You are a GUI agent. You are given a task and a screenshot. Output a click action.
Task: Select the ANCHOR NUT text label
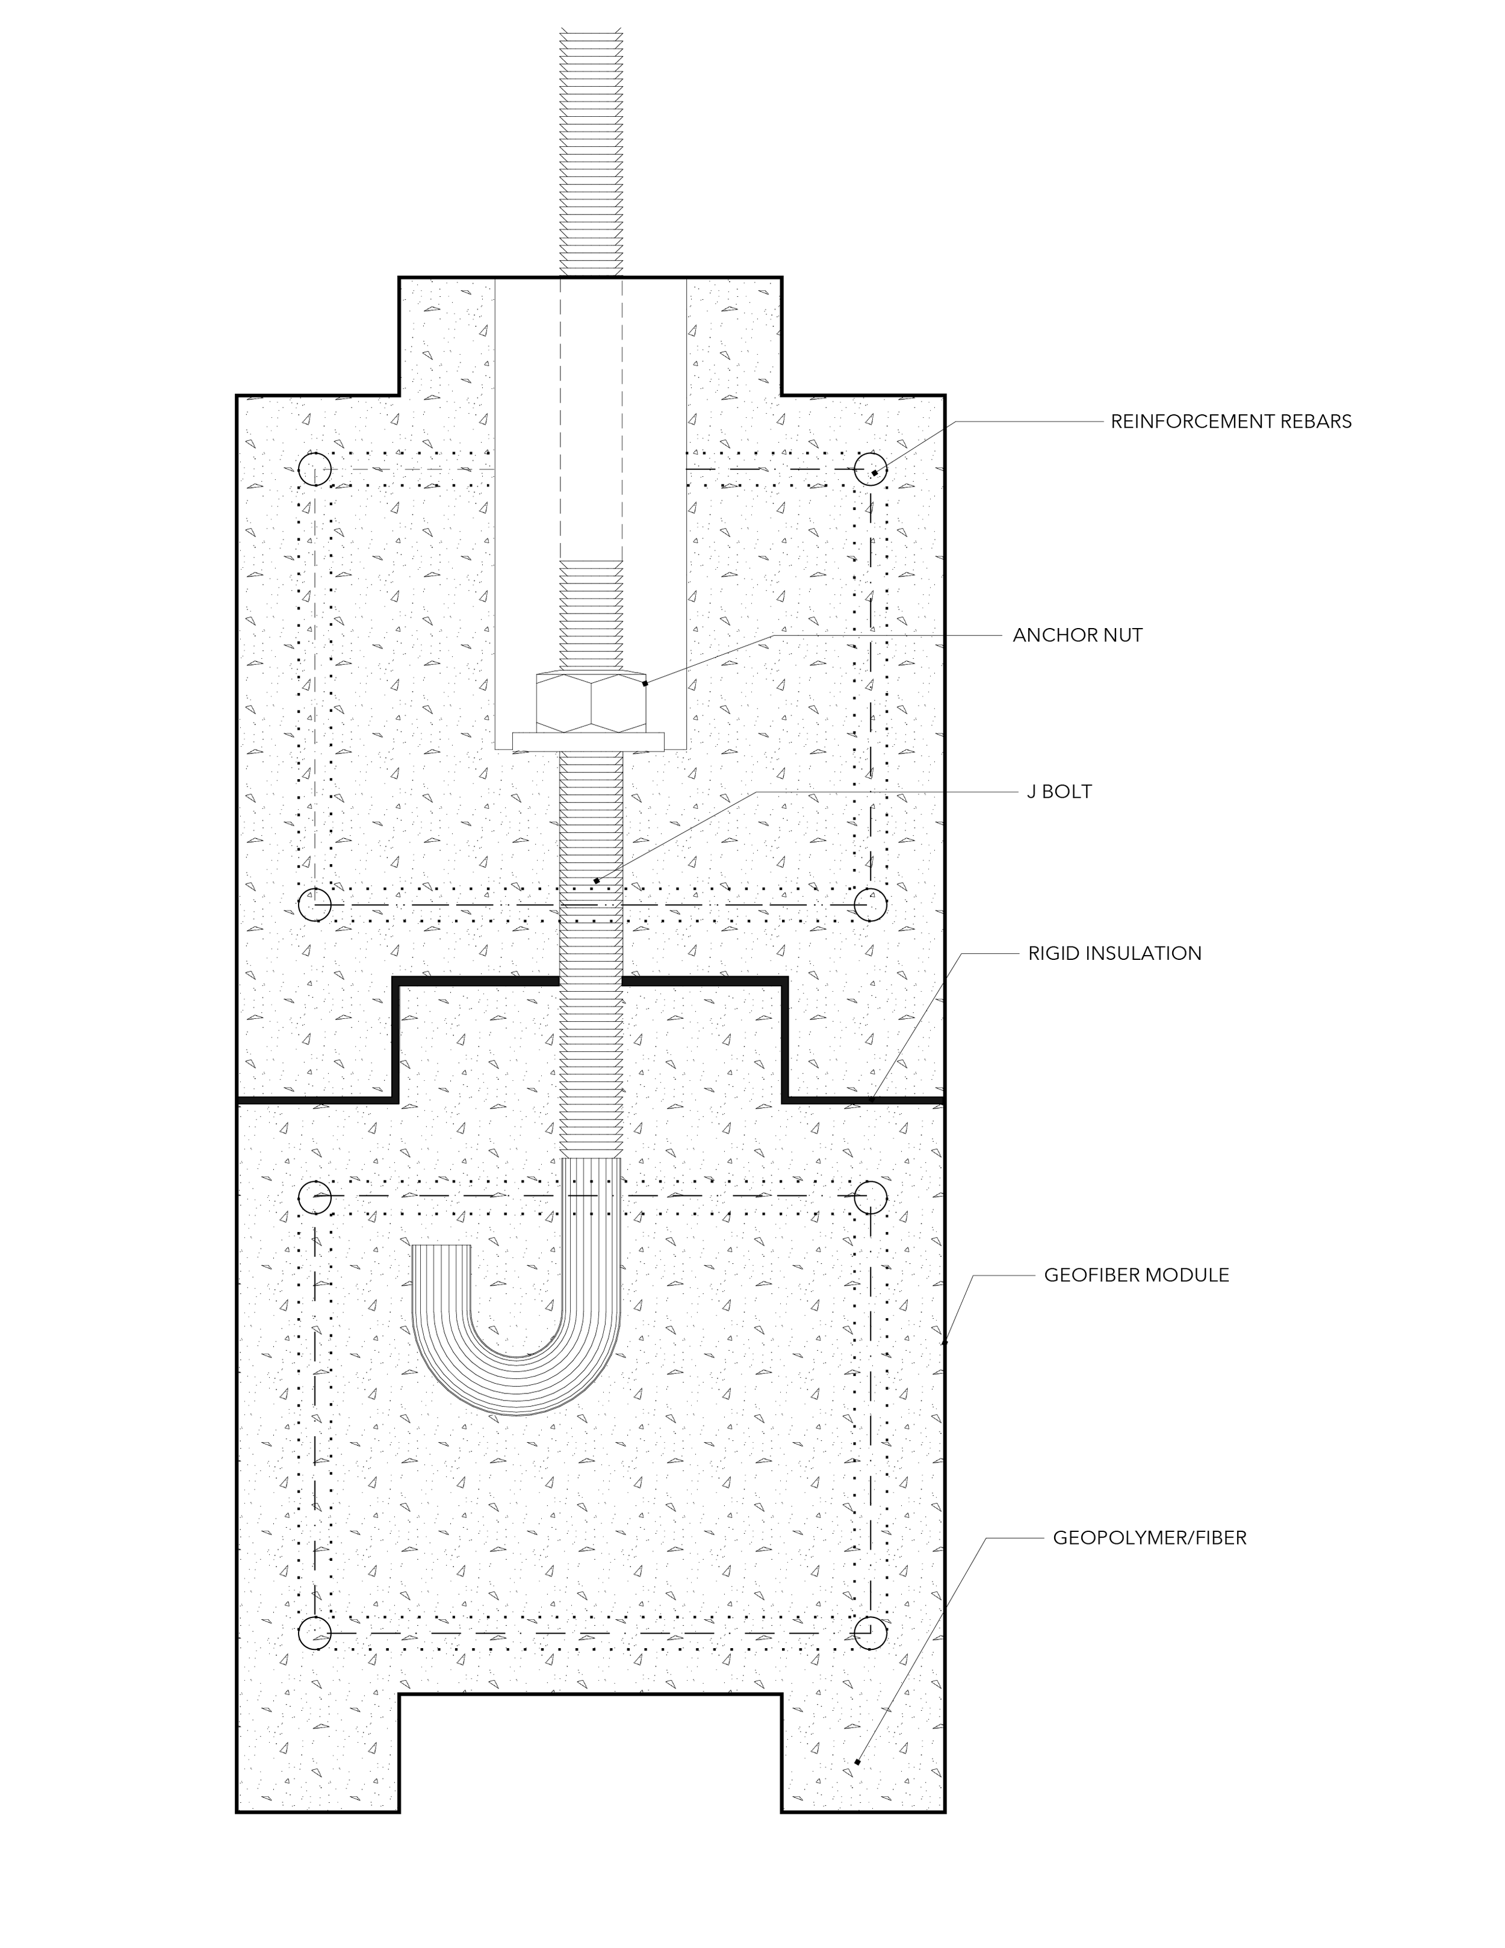coord(1077,635)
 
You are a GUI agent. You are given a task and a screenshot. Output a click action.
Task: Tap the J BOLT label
coord(1059,791)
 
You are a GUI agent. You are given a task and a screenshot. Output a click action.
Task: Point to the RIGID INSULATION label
coord(1114,953)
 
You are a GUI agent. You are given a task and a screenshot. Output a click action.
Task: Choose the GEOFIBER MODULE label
coord(1136,1275)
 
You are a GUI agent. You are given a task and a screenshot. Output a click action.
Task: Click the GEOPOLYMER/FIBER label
coord(1149,1538)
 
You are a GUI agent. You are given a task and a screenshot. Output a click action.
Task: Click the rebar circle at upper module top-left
coord(315,469)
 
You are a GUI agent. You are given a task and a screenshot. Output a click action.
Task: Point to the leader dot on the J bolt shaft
coord(597,881)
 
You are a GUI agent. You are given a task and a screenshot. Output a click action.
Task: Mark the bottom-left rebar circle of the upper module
coord(315,904)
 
